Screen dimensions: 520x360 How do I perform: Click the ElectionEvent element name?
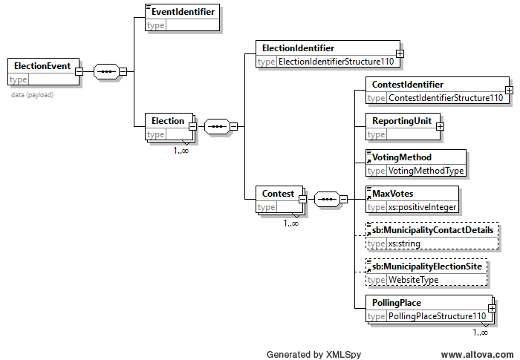click(42, 66)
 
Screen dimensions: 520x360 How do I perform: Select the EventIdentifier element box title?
click(183, 12)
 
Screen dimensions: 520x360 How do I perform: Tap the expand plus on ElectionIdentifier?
click(400, 53)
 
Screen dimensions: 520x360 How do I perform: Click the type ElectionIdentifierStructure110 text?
click(336, 62)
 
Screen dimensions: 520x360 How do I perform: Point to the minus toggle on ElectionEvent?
click(79, 71)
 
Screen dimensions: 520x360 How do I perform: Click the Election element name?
click(168, 121)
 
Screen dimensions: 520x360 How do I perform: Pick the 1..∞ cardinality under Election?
click(181, 151)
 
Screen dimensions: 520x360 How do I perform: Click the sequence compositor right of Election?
click(217, 126)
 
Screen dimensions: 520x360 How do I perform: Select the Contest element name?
click(278, 194)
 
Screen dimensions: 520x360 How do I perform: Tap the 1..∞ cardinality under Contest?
click(291, 223)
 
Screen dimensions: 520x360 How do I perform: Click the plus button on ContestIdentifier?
click(509, 90)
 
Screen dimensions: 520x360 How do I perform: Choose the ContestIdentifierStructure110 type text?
click(446, 98)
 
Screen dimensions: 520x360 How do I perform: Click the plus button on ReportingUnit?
click(440, 127)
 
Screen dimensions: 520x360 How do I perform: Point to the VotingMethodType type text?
click(426, 171)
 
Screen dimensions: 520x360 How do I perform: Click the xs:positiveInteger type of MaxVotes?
click(423, 207)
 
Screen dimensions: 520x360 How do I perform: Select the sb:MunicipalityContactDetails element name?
click(433, 230)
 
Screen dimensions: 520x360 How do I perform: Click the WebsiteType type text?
click(414, 280)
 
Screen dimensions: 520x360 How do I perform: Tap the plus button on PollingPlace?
click(492, 308)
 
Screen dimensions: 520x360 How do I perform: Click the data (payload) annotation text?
click(32, 95)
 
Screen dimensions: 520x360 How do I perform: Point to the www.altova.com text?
click(477, 355)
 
